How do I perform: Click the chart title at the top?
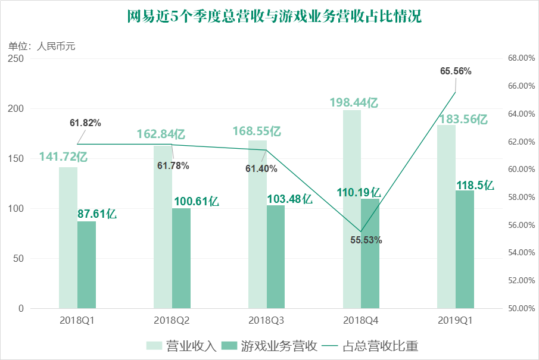(x=275, y=16)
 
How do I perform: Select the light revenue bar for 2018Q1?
(x=68, y=237)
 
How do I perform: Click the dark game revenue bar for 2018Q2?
(x=181, y=258)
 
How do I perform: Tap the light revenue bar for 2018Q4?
(x=352, y=209)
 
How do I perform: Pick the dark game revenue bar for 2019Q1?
(x=465, y=249)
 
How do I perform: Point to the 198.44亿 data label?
(x=354, y=102)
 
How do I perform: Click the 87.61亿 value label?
(x=97, y=214)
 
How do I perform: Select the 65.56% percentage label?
(x=456, y=71)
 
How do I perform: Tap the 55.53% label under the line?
(x=366, y=240)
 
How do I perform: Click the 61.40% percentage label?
(x=261, y=168)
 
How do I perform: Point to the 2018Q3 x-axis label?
(x=266, y=321)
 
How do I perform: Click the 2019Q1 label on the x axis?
(x=456, y=321)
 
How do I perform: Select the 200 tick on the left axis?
(x=16, y=108)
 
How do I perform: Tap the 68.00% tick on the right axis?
(x=522, y=58)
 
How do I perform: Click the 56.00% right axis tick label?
(x=522, y=225)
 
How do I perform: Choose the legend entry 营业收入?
(x=181, y=346)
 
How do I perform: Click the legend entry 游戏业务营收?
(x=269, y=346)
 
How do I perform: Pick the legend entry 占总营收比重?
(x=370, y=346)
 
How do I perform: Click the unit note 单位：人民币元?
(x=42, y=46)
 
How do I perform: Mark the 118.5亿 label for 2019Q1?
(x=475, y=186)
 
